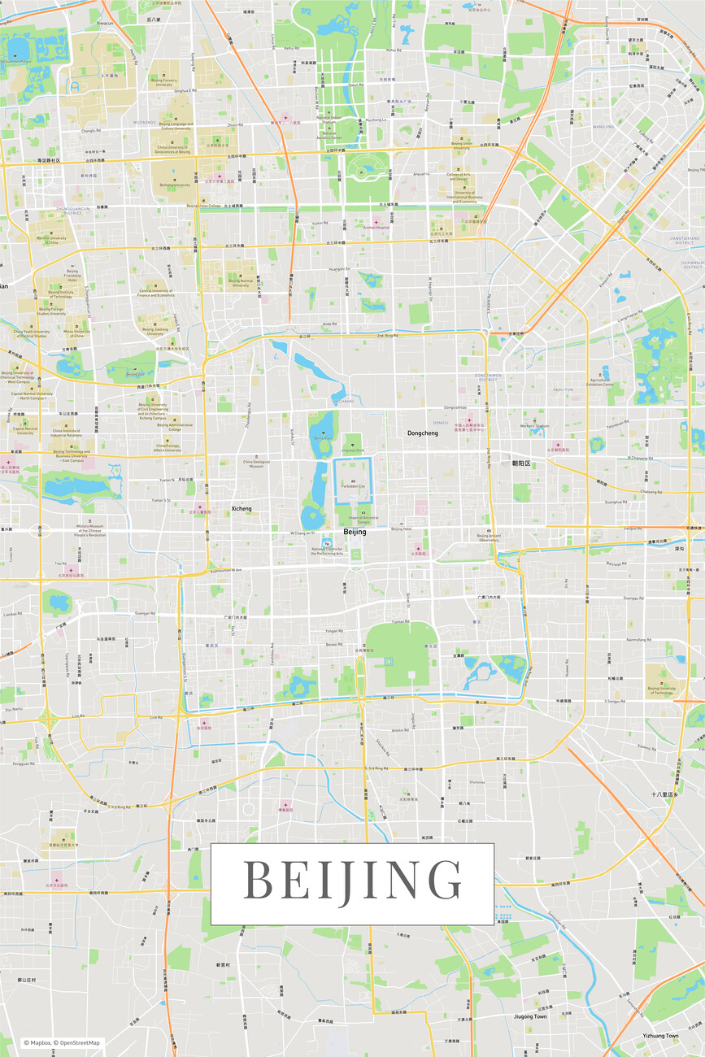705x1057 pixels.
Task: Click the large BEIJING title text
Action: click(x=352, y=881)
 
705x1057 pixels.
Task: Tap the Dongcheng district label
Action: click(x=423, y=433)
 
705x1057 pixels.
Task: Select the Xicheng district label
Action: click(x=242, y=509)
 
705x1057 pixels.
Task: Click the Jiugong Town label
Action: click(x=530, y=1016)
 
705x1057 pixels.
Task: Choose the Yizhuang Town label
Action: click(x=660, y=1036)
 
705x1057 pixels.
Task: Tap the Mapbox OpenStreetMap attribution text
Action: click(x=62, y=1042)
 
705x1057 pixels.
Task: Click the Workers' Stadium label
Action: click(x=537, y=426)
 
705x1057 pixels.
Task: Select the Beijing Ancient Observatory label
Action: click(x=489, y=537)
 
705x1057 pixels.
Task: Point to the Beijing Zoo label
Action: click(x=134, y=375)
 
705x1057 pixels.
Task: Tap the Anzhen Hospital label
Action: click(x=376, y=228)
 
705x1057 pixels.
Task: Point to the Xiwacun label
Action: click(x=105, y=24)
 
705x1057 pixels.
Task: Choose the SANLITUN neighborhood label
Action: click(x=564, y=390)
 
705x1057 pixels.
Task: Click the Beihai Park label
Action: click(x=324, y=438)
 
